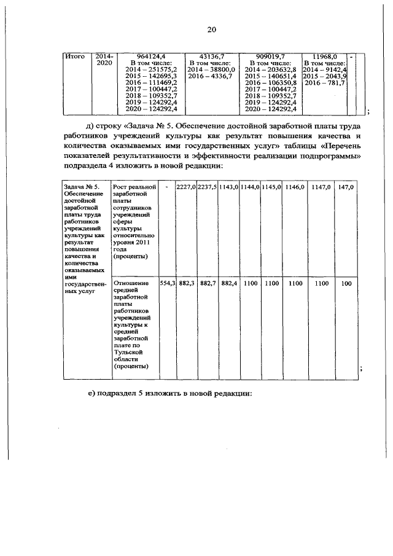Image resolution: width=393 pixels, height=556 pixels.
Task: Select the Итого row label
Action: pos(74,57)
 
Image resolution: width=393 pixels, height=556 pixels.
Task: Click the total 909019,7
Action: pos(270,57)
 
